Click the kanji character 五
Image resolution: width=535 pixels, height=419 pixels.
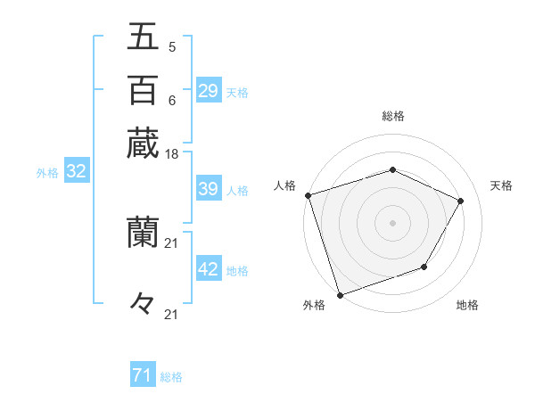click(x=143, y=37)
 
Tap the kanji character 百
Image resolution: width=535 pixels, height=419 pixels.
click(x=143, y=90)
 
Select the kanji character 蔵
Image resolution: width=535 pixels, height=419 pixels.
click(x=143, y=143)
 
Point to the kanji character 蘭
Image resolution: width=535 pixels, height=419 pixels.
click(x=143, y=234)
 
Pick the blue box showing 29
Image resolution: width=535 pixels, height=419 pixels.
click(x=209, y=91)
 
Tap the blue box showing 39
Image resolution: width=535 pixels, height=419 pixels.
click(x=209, y=190)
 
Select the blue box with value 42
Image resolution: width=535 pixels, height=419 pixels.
click(x=209, y=270)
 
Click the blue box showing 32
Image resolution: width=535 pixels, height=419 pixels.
click(x=77, y=172)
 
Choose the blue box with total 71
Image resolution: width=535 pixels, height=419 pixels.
click(x=143, y=376)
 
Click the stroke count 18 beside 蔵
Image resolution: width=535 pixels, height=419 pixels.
click(x=172, y=154)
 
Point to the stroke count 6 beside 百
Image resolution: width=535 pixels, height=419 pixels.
click(x=172, y=101)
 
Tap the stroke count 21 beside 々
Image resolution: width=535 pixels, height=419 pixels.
click(x=172, y=314)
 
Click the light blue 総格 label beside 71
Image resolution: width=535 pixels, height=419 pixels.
click(x=171, y=377)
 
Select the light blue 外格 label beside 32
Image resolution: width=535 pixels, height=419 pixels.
click(x=47, y=173)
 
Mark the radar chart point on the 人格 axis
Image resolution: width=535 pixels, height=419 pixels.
click(x=308, y=195)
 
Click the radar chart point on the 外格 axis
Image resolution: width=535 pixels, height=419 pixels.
click(x=341, y=294)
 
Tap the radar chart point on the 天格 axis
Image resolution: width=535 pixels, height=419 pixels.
click(x=461, y=201)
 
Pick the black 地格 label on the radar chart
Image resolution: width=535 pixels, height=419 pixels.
click(x=467, y=306)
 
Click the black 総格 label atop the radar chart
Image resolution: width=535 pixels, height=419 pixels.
click(x=393, y=116)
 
